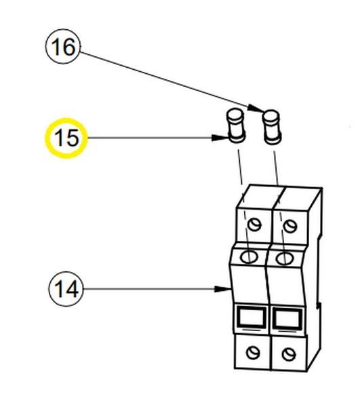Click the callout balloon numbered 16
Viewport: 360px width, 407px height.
(63, 46)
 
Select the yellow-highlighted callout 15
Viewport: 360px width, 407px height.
(66, 138)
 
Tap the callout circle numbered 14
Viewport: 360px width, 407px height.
(66, 289)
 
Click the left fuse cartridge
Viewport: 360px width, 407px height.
(236, 126)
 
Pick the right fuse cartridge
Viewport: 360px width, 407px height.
(272, 128)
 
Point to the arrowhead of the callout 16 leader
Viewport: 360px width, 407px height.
(256, 109)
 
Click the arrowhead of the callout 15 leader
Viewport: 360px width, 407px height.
(220, 138)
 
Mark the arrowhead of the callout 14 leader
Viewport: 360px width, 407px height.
(222, 289)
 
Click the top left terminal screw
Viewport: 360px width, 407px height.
(254, 225)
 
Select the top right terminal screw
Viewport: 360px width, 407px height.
(290, 226)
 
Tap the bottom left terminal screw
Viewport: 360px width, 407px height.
(253, 353)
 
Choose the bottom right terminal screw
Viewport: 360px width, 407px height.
(289, 354)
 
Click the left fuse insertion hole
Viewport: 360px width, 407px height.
(249, 257)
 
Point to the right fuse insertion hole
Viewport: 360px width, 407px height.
(285, 258)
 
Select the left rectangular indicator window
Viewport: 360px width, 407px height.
(252, 317)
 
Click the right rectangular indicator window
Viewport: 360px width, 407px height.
(287, 319)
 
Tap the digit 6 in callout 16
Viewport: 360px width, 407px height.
(70, 47)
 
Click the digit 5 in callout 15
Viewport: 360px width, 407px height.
(73, 138)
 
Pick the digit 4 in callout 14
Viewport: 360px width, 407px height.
(72, 289)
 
